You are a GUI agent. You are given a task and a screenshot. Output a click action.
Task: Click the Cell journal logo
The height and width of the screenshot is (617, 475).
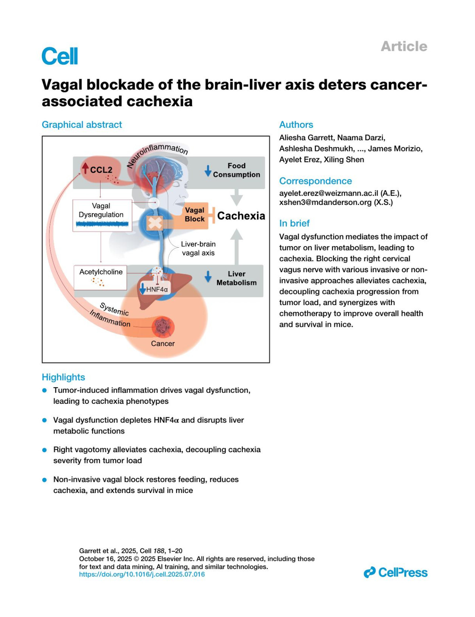coord(60,56)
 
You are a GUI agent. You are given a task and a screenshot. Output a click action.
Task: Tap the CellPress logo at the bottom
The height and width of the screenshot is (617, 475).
coord(395,572)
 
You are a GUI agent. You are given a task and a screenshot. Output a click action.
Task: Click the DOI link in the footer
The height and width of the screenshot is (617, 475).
coord(142,574)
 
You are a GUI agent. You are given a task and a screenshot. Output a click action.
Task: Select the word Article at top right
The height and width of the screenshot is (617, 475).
coord(404,46)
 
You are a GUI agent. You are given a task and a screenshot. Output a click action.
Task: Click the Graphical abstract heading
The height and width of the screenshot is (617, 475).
coord(82,124)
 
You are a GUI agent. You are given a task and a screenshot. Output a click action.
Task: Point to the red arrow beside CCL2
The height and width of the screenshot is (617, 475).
coord(85,168)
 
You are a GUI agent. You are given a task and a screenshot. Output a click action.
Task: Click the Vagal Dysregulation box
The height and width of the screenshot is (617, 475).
coord(102,215)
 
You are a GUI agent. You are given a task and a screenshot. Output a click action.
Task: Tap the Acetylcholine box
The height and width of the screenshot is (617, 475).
coord(101,277)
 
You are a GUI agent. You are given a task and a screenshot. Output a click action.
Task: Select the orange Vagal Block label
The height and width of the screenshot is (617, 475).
coord(194,215)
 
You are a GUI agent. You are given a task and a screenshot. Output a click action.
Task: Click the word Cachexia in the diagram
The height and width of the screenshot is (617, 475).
coord(241,216)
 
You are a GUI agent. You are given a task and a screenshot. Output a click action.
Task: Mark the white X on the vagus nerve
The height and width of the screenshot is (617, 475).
coord(155,223)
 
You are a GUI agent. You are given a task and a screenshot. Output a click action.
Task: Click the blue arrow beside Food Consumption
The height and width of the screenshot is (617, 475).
coord(208,171)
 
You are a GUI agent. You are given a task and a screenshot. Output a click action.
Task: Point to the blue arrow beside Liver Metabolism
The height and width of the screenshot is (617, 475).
coord(208,277)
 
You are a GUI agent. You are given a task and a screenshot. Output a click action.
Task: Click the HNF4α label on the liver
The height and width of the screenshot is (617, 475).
coord(156,289)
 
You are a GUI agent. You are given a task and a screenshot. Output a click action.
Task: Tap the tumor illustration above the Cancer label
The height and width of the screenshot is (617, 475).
coord(162,327)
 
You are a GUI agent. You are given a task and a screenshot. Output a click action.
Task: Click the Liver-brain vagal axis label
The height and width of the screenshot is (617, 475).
coord(198,248)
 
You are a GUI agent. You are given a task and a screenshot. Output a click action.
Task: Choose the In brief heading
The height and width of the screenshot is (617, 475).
coord(294,223)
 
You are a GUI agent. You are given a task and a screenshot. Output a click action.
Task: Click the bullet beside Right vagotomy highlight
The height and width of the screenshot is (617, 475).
coord(45,450)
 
